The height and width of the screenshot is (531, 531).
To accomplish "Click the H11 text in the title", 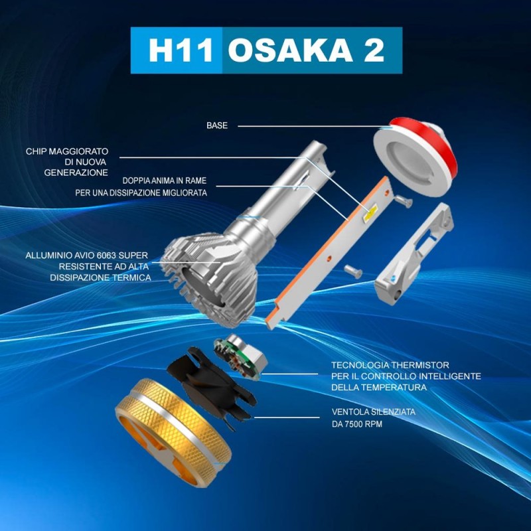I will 176,51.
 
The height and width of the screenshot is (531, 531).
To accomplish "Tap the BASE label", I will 217,125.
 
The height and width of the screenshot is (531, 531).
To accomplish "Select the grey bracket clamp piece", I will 416,252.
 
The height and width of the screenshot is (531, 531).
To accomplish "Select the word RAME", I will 192,180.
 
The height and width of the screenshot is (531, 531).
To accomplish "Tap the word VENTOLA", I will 352,412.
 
